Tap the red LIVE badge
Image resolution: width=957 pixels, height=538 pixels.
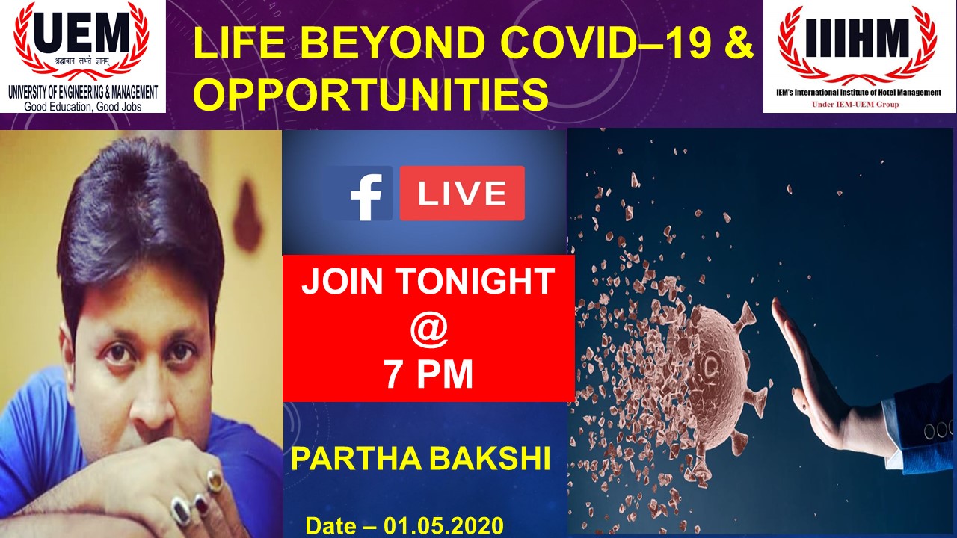click(461, 194)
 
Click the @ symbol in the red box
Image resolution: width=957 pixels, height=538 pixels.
click(428, 330)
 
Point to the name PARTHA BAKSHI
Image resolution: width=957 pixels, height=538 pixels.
click(420, 460)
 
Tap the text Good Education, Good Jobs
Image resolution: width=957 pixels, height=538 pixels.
click(83, 106)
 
